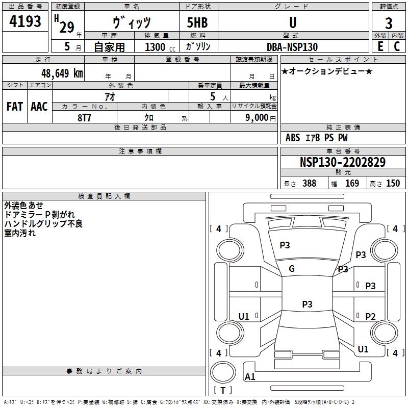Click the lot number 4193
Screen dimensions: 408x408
(x=25, y=21)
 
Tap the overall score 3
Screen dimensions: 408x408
(x=389, y=23)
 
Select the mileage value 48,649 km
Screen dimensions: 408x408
(x=62, y=73)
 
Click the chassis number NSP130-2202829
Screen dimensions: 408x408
(x=343, y=162)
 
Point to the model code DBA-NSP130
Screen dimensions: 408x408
(x=292, y=47)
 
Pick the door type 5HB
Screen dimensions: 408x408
(x=197, y=22)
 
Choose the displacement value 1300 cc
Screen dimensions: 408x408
(x=160, y=47)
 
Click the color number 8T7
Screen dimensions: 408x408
(x=84, y=118)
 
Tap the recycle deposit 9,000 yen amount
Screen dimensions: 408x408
(x=261, y=118)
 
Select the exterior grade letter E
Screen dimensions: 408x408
(x=380, y=46)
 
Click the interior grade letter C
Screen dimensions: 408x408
(x=397, y=46)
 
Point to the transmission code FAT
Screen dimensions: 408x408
(x=15, y=107)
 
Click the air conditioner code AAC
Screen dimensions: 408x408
(x=39, y=107)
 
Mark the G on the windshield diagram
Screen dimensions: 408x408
(x=292, y=269)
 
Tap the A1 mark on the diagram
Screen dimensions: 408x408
(x=250, y=376)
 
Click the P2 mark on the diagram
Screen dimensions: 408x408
(x=370, y=316)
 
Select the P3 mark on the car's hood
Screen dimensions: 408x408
(x=285, y=245)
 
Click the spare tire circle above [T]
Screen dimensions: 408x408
(x=223, y=372)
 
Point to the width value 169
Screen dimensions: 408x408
(x=352, y=183)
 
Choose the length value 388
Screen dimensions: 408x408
(x=310, y=183)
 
